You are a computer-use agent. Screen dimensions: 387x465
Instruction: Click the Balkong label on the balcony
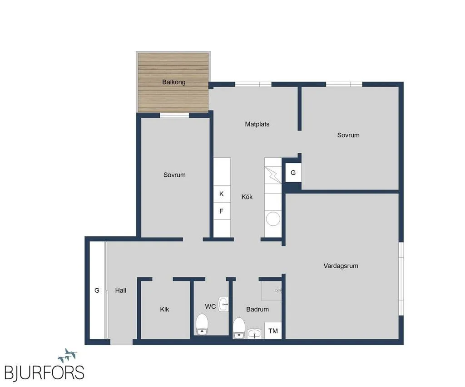coord(174,82)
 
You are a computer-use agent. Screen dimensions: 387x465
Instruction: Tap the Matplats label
coord(257,124)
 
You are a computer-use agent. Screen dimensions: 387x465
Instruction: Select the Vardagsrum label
coord(341,266)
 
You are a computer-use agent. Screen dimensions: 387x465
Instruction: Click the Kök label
coord(247,197)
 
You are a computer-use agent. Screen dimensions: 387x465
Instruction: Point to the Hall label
coord(121,291)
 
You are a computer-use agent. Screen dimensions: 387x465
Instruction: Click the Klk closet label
coord(164,310)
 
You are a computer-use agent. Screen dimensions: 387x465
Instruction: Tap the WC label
coord(210,307)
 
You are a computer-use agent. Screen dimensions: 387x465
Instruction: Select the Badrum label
coord(257,310)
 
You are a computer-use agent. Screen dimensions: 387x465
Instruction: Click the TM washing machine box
coord(273,331)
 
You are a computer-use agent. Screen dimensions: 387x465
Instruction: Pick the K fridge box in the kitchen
coord(222,194)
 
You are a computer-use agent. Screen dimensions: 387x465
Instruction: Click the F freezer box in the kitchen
coord(222,211)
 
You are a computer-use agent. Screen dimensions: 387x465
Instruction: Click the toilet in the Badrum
coord(239,328)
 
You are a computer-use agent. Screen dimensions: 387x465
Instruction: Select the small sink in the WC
coord(223,304)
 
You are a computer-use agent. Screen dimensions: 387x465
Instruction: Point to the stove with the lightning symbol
coord(273,175)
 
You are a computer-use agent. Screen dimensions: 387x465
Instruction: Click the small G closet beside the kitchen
coord(293,173)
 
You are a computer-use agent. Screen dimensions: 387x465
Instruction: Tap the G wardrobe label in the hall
coord(97,291)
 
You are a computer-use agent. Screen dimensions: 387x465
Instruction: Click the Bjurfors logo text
coord(45,372)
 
